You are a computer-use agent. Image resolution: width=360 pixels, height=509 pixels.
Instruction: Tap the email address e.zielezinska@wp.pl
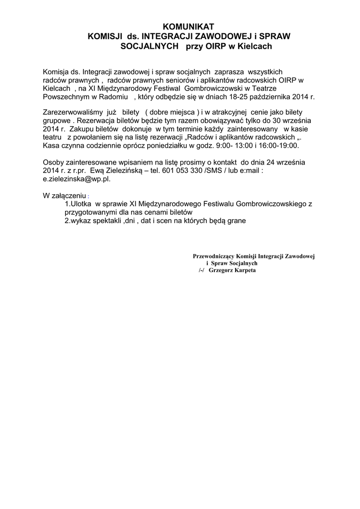[77, 179]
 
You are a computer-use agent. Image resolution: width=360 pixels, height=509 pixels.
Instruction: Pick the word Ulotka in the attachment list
[82, 203]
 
